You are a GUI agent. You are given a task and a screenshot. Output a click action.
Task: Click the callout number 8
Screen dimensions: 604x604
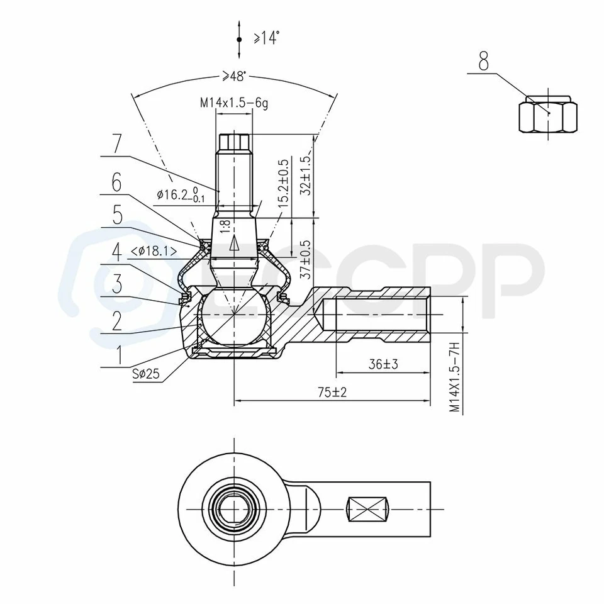(x=483, y=61)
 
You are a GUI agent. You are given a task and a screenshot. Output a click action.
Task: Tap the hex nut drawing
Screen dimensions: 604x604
(x=548, y=113)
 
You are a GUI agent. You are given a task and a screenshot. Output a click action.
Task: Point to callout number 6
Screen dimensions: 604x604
(x=116, y=183)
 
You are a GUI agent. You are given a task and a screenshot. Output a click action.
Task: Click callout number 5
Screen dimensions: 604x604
(x=117, y=216)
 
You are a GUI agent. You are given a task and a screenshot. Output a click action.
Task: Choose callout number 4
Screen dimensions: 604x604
(x=116, y=252)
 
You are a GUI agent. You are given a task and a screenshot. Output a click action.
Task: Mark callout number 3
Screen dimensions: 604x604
(x=116, y=283)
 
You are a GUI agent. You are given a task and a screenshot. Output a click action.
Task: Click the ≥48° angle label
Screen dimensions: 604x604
(x=233, y=76)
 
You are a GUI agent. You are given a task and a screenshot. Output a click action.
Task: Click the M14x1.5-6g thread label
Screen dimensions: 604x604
(x=235, y=103)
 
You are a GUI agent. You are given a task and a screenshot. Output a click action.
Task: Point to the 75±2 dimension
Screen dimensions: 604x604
(x=332, y=392)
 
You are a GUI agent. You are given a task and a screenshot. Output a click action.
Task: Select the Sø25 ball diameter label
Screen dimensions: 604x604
(x=146, y=374)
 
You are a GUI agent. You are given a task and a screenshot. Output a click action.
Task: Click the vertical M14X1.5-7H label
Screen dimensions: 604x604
(x=454, y=377)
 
